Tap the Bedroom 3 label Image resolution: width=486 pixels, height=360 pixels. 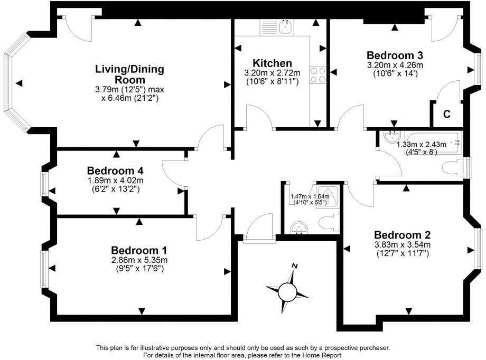coord(395,55)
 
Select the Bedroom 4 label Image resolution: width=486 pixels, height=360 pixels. coord(116,170)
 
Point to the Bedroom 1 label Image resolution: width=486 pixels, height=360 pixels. coord(139,250)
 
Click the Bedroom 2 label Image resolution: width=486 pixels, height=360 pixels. coord(402,235)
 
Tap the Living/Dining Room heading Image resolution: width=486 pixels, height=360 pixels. coord(129,74)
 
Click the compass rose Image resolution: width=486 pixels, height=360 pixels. coord(288,290)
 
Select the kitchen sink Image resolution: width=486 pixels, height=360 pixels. coord(285,26)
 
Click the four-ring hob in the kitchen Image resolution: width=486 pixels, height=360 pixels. coord(319,75)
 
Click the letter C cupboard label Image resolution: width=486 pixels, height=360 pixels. coord(446,113)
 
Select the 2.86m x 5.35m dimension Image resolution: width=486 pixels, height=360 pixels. coord(139,260)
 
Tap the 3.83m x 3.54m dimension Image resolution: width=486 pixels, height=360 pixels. coord(402,244)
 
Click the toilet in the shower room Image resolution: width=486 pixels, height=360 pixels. coord(329,222)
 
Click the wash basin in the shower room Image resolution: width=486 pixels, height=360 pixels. coord(299,228)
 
